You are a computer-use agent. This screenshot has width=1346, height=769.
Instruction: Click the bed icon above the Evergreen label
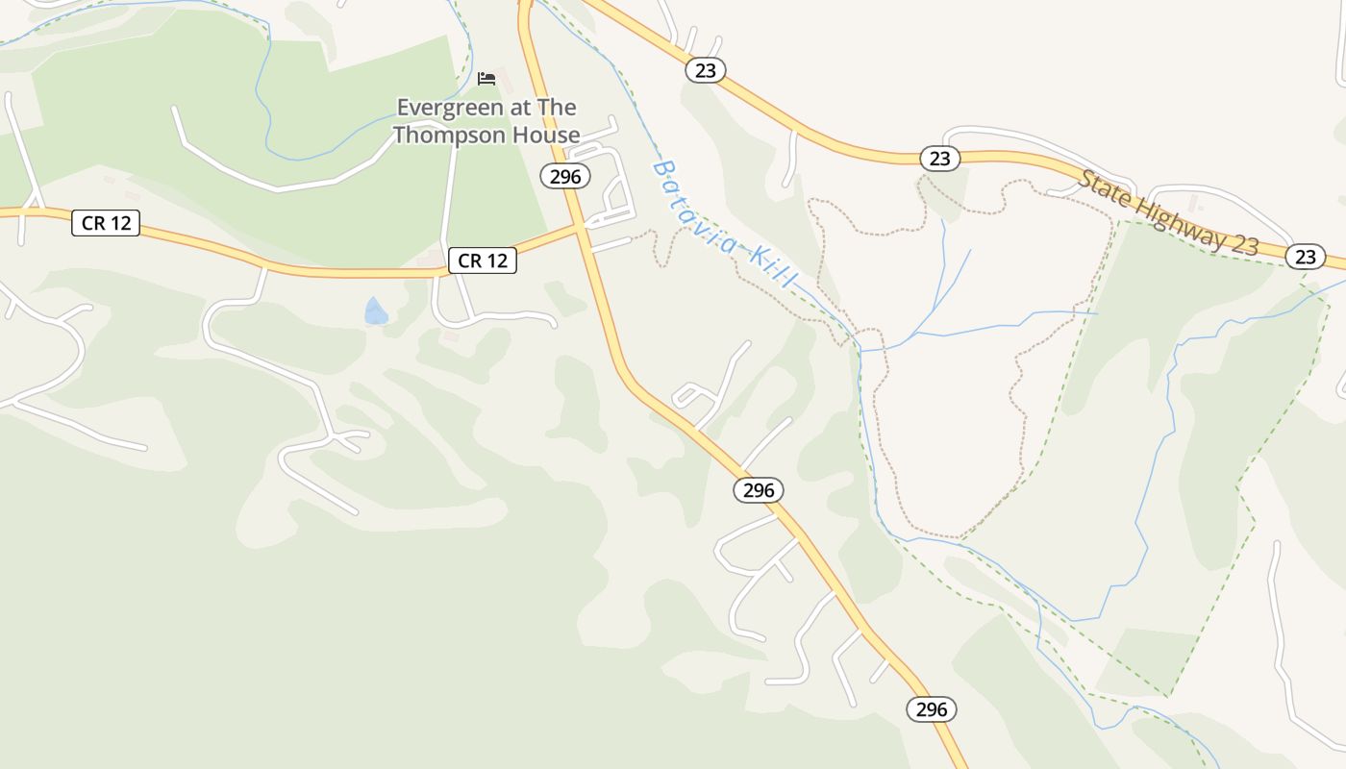[x=486, y=78]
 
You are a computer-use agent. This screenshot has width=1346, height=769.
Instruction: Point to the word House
[x=545, y=135]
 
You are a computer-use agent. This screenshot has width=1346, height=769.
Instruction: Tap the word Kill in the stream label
[x=774, y=266]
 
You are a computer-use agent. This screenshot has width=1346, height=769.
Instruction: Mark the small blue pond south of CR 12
[x=376, y=311]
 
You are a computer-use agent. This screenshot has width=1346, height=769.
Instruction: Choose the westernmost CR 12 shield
[x=106, y=224]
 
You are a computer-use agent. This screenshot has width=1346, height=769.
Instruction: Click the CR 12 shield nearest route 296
[x=483, y=260]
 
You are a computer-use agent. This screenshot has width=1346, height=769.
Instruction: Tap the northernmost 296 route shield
[x=565, y=176]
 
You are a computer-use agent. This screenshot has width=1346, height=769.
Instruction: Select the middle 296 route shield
[x=759, y=490]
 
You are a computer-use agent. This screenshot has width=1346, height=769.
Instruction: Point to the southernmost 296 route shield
[x=932, y=709]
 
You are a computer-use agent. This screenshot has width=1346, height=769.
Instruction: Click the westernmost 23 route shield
[x=706, y=70]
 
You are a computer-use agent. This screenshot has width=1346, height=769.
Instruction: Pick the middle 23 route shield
[x=940, y=159]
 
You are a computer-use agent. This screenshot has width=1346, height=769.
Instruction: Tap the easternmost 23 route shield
[x=1305, y=257]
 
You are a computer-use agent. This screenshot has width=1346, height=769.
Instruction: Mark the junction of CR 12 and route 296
[x=580, y=227]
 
